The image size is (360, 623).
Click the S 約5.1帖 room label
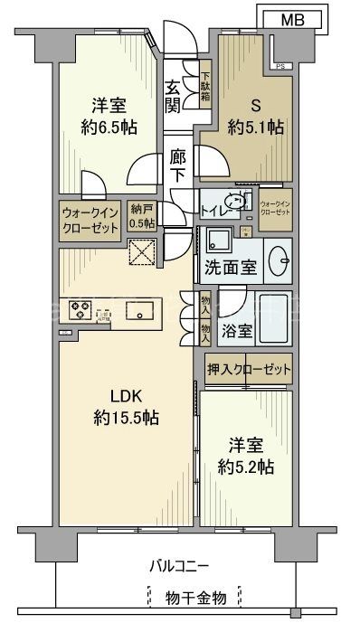[x=256, y=115]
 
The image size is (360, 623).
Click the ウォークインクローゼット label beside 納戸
[x=90, y=219]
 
